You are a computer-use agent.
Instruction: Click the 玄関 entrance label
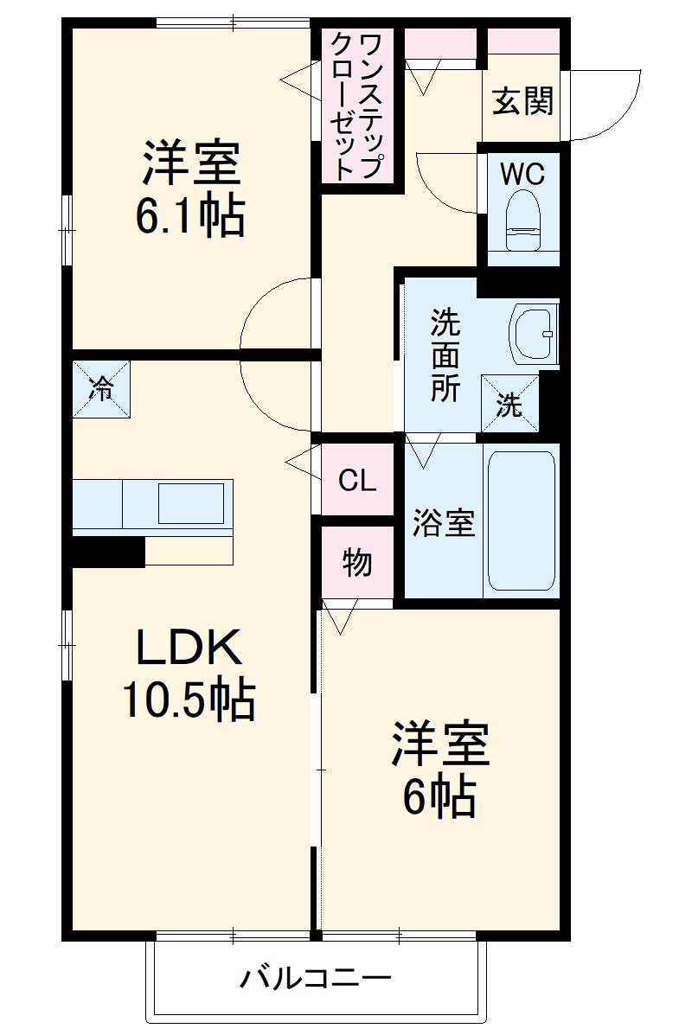click(x=522, y=103)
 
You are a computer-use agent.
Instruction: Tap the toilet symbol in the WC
click(x=522, y=220)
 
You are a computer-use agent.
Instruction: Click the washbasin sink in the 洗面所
click(x=534, y=333)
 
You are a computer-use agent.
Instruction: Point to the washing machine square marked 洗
click(x=509, y=403)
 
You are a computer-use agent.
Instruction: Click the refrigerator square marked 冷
click(x=101, y=389)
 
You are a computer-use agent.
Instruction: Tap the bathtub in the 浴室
click(x=521, y=521)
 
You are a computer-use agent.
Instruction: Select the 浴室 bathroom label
click(x=443, y=523)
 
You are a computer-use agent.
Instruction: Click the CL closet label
click(x=357, y=481)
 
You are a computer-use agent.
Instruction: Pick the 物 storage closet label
click(x=357, y=563)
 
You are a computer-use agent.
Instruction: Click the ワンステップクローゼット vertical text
click(x=357, y=105)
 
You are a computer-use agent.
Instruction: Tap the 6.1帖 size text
click(x=189, y=217)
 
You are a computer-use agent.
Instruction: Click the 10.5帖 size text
click(x=188, y=700)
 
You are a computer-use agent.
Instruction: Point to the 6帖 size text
click(x=439, y=796)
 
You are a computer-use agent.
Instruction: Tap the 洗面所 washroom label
click(x=445, y=355)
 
